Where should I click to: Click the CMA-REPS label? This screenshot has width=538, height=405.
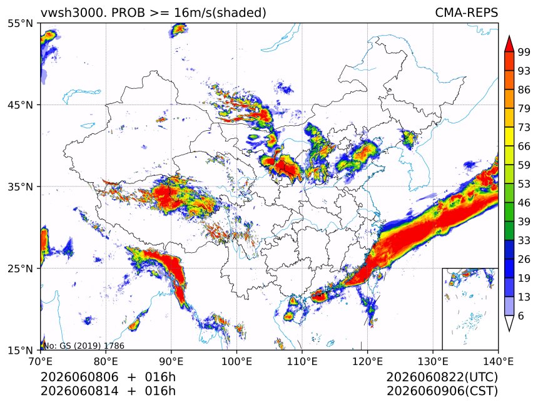(x=466, y=13)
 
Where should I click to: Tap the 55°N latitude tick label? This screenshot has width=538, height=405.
(x=21, y=24)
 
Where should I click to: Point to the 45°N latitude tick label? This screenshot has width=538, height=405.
(x=21, y=105)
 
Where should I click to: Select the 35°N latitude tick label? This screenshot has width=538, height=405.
(x=21, y=187)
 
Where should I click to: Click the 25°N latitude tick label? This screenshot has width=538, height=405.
(x=21, y=269)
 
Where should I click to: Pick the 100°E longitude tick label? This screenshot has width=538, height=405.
(x=236, y=361)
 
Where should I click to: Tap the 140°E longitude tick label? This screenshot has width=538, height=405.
(x=498, y=361)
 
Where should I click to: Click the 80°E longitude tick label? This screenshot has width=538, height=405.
(x=106, y=361)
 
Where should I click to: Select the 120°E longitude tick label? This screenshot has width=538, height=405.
(x=367, y=361)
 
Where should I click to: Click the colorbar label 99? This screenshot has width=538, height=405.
(x=524, y=52)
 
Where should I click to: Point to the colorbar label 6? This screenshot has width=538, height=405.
(x=521, y=315)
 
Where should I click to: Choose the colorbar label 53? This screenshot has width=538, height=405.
(x=524, y=184)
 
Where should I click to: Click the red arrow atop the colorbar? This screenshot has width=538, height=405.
(x=509, y=44)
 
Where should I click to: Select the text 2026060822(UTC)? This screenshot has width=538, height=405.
(x=442, y=377)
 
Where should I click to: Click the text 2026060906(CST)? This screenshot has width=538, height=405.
(x=442, y=391)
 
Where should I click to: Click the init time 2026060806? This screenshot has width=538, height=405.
(x=79, y=377)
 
